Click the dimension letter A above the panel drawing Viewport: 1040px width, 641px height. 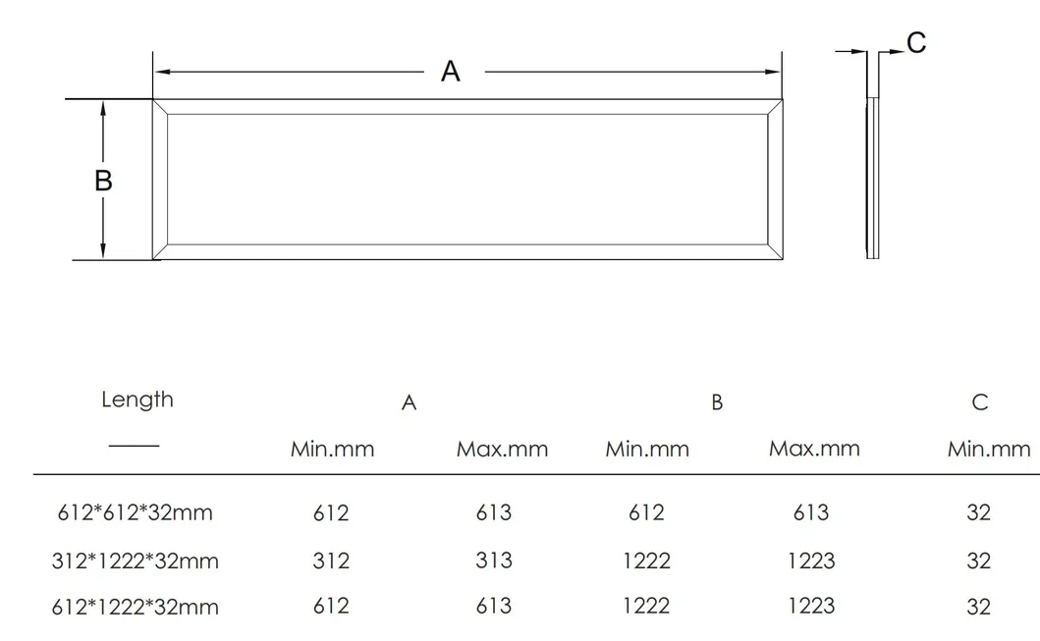(450, 72)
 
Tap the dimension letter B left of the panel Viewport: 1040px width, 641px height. (103, 181)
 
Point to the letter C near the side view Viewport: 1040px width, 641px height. (915, 43)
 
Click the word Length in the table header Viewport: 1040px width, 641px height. (137, 400)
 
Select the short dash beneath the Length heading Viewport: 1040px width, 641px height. (134, 446)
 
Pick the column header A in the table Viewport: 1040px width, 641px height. (410, 403)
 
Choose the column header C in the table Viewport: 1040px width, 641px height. (979, 402)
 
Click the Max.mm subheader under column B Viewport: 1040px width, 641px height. (814, 449)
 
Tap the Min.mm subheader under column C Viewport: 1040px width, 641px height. (989, 450)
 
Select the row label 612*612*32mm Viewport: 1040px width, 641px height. (133, 512)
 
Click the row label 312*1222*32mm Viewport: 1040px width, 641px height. (136, 561)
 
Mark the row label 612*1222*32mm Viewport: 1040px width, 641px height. (136, 607)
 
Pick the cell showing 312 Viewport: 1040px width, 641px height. (331, 561)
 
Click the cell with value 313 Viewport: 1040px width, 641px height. (493, 560)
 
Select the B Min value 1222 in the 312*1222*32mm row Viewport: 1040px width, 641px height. (646, 561)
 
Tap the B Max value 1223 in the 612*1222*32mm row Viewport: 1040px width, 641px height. (811, 607)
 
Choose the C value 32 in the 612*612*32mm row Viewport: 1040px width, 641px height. (978, 512)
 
